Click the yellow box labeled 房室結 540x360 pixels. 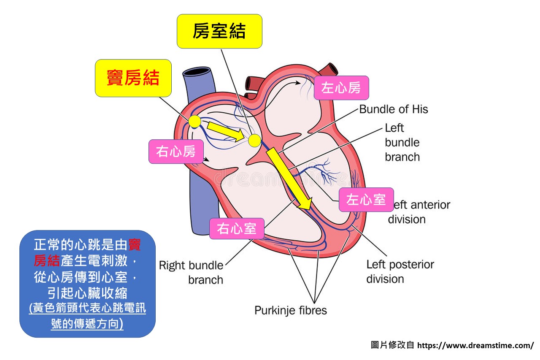tap(219, 31)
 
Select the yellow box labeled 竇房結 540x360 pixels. tap(133, 78)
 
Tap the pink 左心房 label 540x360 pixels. tap(341, 88)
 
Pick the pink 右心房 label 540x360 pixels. tap(176, 152)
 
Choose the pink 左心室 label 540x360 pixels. tap(366, 200)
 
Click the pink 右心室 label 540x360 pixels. tap(237, 229)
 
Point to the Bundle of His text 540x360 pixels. tap(393, 109)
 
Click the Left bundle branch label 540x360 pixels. tap(402, 142)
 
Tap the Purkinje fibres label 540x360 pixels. tap(290, 311)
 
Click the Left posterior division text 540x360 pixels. tap(400, 272)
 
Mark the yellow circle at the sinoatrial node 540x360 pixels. tap(195, 122)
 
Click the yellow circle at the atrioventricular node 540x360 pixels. tap(254, 141)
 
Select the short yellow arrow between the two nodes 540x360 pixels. tap(224, 132)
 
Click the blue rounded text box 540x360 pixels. tap(87, 283)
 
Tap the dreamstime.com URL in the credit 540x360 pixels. tap(475, 346)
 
